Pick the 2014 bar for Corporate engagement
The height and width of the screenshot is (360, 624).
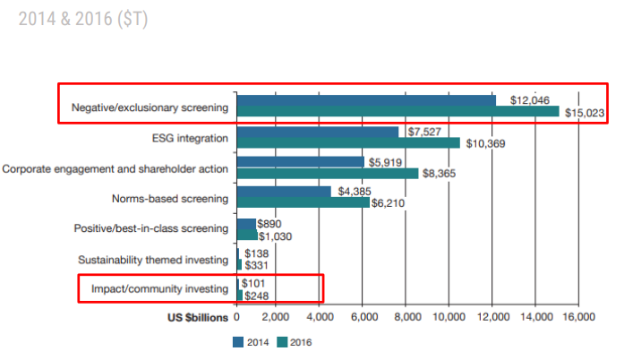pyautogui.click(x=300, y=162)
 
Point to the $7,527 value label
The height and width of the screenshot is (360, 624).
pyautogui.click(x=426, y=132)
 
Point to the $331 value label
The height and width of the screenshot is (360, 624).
pyautogui.click(x=257, y=266)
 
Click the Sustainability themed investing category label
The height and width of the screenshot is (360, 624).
pyautogui.click(x=152, y=260)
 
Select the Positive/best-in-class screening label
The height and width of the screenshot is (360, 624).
pyautogui.click(x=150, y=229)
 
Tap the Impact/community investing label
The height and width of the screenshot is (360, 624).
pyautogui.click(x=158, y=289)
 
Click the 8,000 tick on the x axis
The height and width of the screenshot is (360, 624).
pyautogui.click(x=407, y=316)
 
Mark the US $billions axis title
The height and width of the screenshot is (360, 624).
pyautogui.click(x=199, y=316)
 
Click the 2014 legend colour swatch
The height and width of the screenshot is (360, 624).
pyautogui.click(x=238, y=341)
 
